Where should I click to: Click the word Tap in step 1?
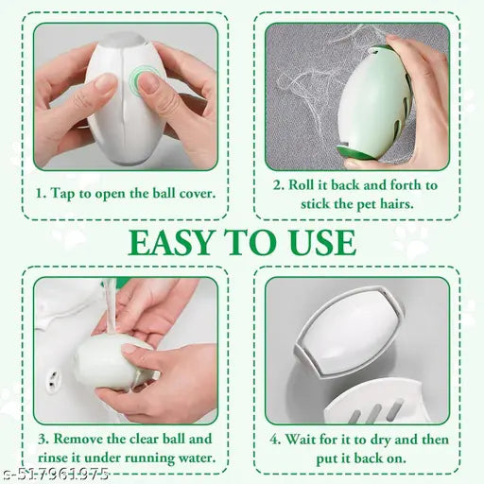coord(62,193)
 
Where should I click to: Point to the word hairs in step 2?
coord(397,204)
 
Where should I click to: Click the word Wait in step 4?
coord(301,440)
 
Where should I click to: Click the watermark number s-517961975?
coord(55,474)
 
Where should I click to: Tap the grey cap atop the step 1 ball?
coord(123,40)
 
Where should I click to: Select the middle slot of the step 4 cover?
coord(375,412)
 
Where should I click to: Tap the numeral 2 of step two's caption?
coord(277,185)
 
